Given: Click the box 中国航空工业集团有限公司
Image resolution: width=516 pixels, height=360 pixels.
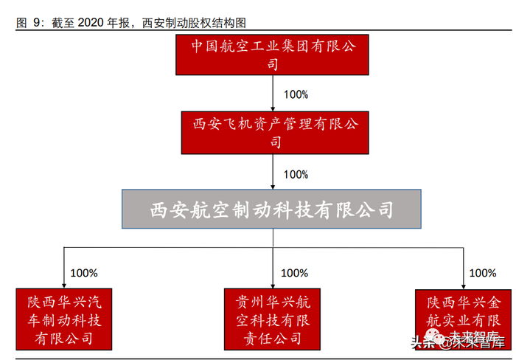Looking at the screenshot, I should (273, 55).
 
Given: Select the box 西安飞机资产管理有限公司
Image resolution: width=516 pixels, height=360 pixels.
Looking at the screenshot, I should (273, 132).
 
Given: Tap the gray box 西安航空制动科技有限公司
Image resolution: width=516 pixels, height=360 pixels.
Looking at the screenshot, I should (272, 209).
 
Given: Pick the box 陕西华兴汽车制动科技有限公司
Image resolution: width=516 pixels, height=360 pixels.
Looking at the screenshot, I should (65, 319).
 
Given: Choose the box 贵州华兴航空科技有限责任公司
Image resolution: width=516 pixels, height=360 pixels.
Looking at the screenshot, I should (273, 319).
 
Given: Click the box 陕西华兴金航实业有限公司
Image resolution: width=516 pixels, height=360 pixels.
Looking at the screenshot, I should (464, 319).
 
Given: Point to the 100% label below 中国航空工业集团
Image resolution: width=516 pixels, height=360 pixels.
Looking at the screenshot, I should (296, 94).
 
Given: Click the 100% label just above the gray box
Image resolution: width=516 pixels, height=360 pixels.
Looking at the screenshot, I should (296, 174).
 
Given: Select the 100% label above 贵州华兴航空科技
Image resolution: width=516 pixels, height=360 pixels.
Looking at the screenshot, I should (295, 272).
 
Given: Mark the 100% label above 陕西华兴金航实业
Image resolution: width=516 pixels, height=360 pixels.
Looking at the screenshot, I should (482, 272).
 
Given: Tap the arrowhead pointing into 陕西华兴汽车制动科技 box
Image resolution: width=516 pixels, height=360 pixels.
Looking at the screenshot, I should (65, 285).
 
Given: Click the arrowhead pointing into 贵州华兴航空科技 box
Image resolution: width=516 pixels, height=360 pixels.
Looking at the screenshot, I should (273, 285).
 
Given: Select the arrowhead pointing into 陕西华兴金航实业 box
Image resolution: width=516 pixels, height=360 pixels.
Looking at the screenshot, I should (464, 285).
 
